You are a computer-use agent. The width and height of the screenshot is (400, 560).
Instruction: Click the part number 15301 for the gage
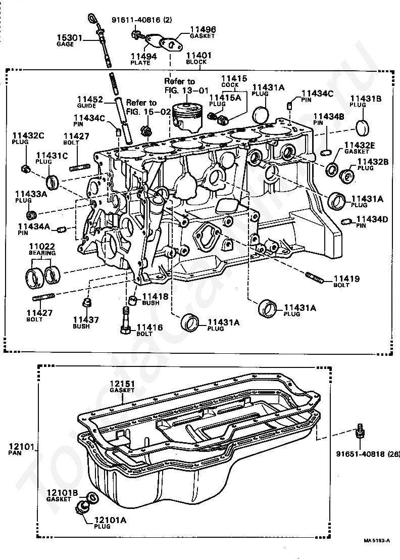pos(70,37)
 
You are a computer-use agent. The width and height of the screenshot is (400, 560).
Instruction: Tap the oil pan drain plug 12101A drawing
pos(83,507)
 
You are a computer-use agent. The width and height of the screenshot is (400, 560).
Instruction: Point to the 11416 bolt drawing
pos(126,321)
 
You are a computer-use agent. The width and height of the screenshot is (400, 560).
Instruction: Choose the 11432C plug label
pos(28,138)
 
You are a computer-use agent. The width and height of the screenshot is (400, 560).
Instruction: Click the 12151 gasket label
pos(122,387)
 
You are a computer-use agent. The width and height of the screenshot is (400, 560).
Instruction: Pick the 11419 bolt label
pos(346,281)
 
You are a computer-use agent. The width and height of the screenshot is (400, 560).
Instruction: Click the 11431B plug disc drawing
pos(363,127)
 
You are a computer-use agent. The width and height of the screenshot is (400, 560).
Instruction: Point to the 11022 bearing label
pos(42,249)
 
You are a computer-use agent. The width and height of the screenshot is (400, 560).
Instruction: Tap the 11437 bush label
pos(86,322)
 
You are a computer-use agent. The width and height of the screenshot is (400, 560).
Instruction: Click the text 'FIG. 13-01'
pos(186,90)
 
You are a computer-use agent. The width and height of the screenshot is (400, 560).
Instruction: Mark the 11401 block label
pos(199,58)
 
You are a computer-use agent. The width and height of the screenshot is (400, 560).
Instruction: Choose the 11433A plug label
pos(31,197)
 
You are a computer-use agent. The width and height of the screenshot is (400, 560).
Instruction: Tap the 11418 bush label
pos(155,299)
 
